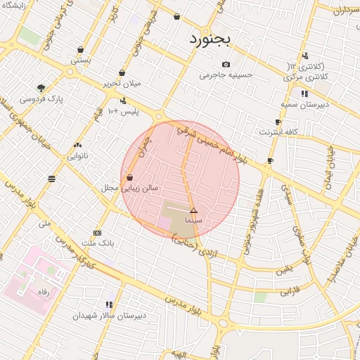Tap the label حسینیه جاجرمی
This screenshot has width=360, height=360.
(x=226, y=75)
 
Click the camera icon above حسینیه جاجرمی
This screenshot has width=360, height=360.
(x=226, y=64)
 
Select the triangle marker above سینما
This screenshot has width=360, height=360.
(x=194, y=210)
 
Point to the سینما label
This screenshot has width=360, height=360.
(x=193, y=220)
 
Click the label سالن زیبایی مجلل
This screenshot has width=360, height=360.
(x=150, y=188)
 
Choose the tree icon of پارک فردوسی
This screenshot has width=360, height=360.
(x=41, y=89)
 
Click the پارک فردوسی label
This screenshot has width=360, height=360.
(x=41, y=99)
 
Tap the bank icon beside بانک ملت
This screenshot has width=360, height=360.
(x=97, y=233)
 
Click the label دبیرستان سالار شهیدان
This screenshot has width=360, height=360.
(x=109, y=316)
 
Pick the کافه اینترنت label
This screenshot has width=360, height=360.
(x=279, y=131)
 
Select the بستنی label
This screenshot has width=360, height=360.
(x=80, y=60)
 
